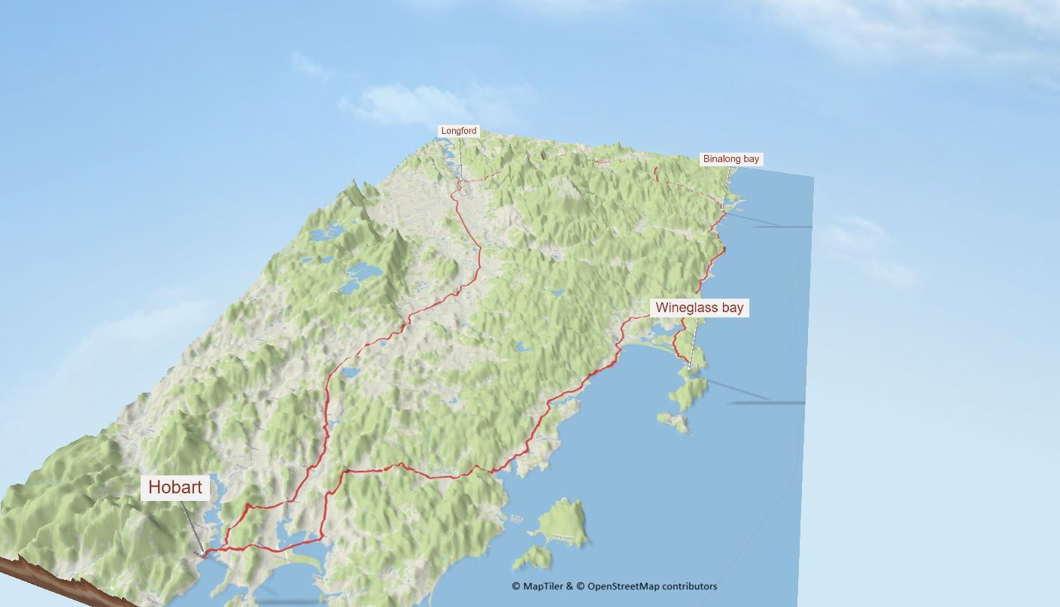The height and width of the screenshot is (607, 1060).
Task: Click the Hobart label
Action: (175, 487)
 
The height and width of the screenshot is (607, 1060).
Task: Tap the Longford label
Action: (459, 131)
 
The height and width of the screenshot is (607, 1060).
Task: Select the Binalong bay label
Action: (730, 159)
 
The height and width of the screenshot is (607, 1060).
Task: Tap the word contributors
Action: (691, 586)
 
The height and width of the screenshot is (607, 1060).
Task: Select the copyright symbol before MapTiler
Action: (516, 586)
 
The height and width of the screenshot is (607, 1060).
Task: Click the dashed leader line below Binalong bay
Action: (727, 184)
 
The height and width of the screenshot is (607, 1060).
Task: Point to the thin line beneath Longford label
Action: (460, 158)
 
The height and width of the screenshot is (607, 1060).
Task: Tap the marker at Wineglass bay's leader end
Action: (688, 367)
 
